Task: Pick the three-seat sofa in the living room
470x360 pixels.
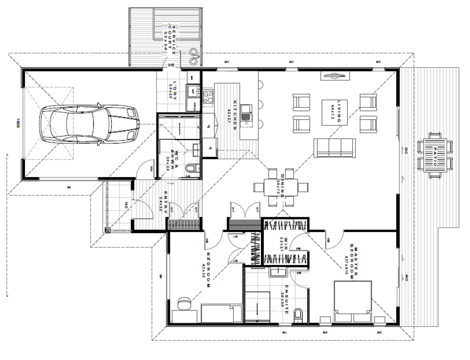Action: pyautogui.click(x=335, y=147)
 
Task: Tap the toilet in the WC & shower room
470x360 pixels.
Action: pyautogui.click(x=191, y=168)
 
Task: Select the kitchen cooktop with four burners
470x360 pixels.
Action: pyautogui.click(x=208, y=96)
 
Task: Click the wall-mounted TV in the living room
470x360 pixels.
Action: pyautogui.click(x=334, y=76)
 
